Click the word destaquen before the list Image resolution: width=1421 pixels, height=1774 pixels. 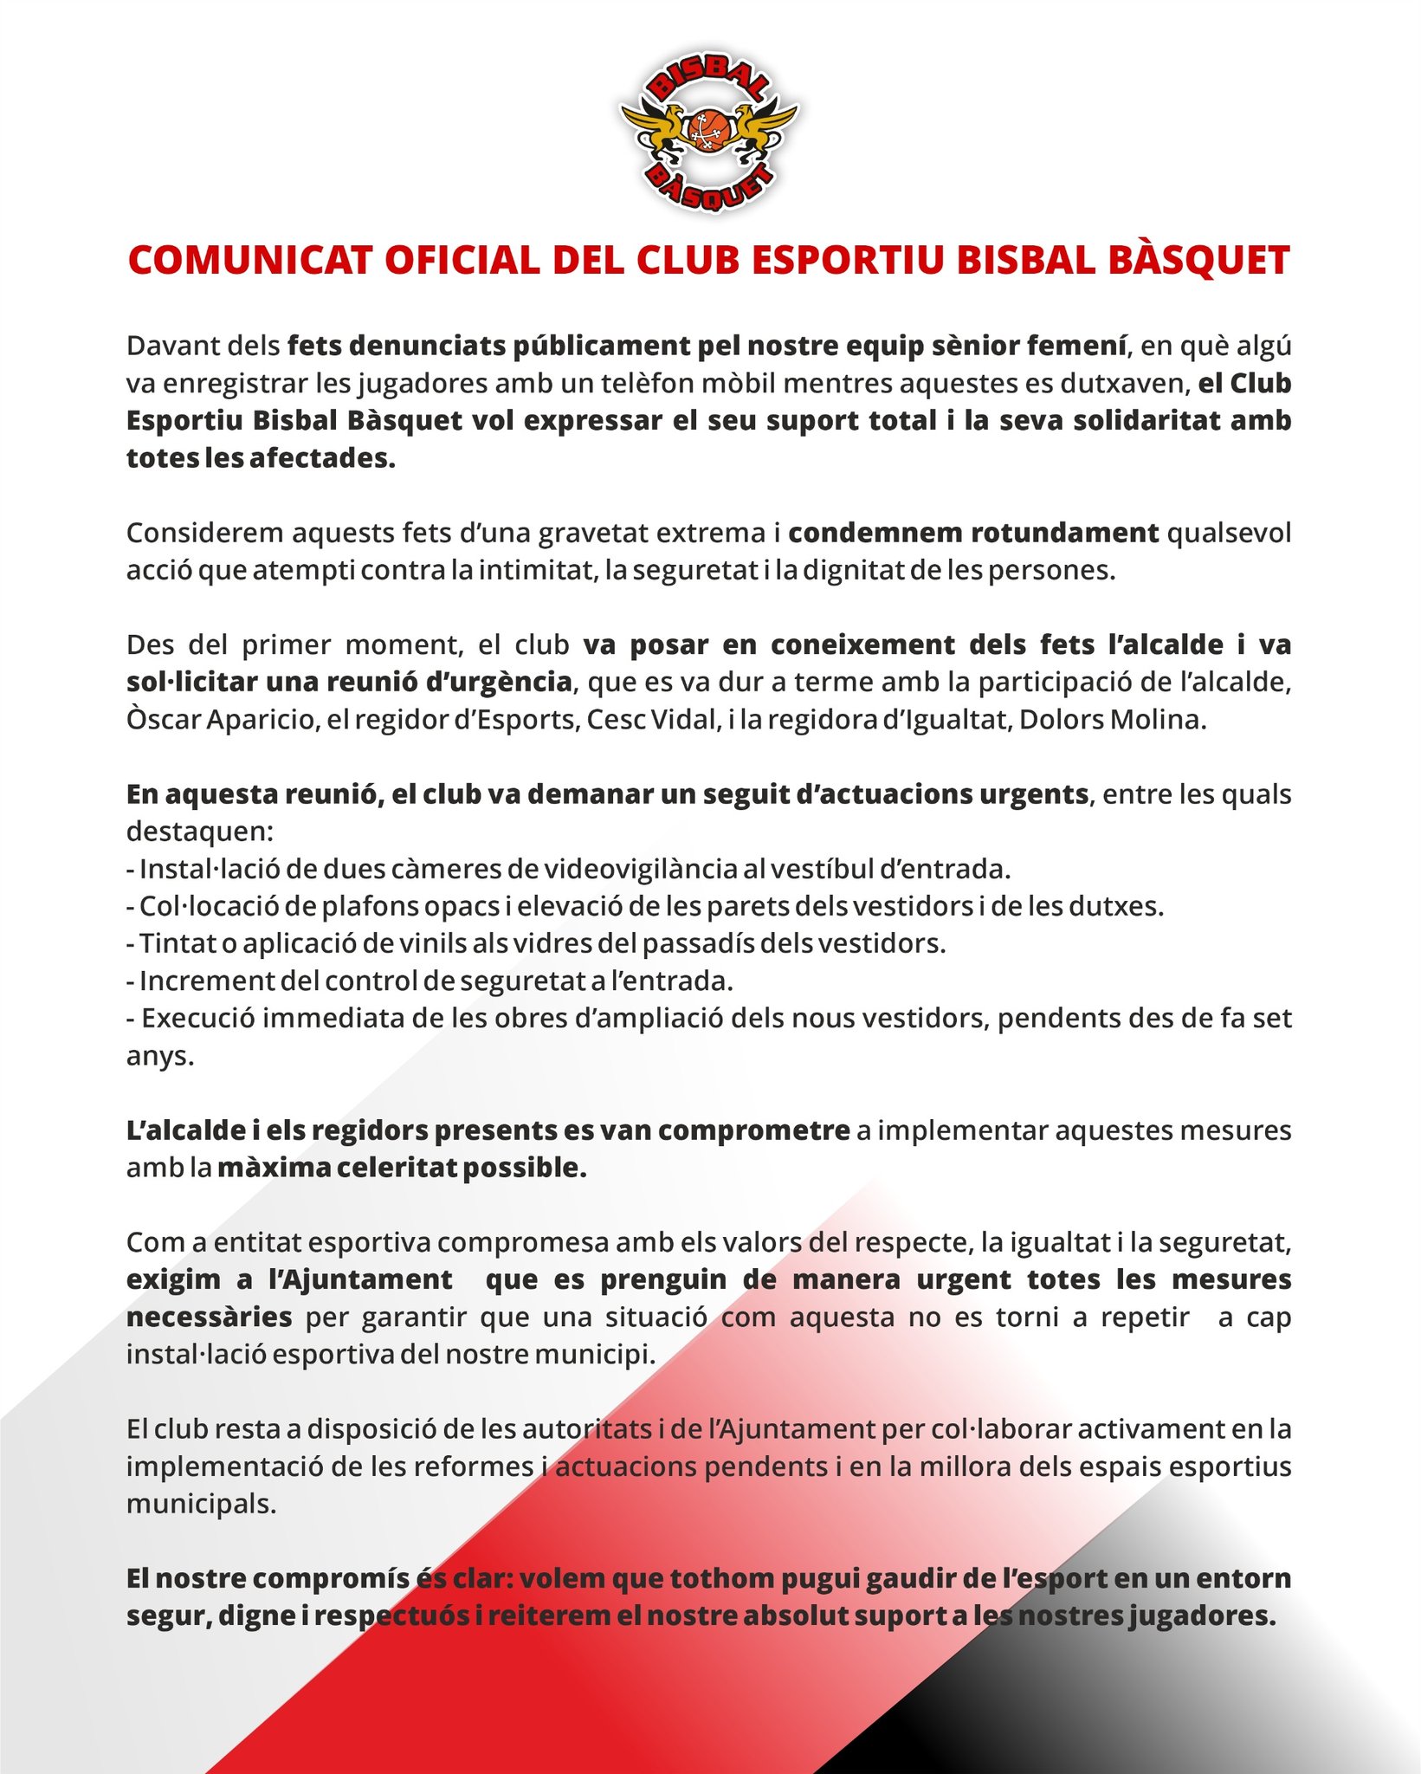[x=199, y=832]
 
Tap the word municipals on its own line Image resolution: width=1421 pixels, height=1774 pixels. [x=201, y=1504]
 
